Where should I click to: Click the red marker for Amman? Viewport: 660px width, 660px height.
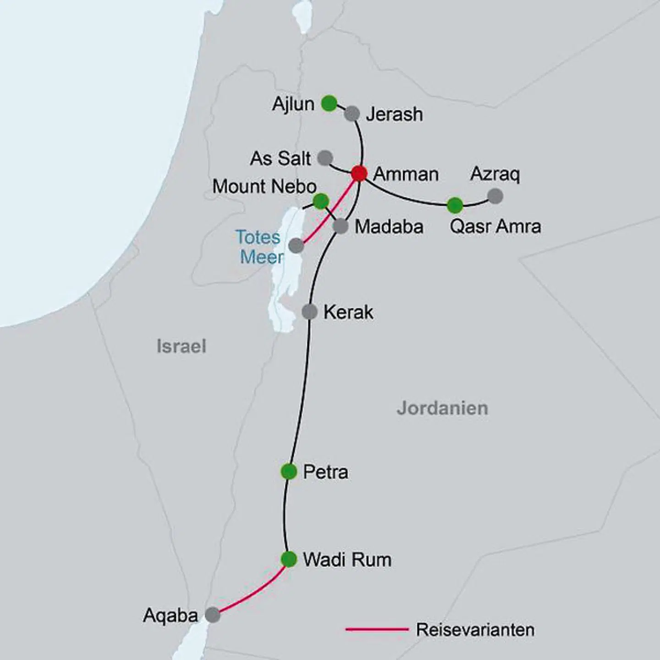[x=359, y=173]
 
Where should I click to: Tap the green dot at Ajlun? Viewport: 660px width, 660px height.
[x=329, y=103]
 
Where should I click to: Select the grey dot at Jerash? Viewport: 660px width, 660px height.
[x=352, y=113]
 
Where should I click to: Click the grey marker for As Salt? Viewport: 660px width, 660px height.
[x=325, y=158]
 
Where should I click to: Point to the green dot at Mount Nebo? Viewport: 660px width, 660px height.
[x=321, y=201]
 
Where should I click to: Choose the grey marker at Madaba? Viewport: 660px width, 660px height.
[x=341, y=226]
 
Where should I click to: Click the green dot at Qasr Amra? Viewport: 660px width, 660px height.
[x=455, y=205]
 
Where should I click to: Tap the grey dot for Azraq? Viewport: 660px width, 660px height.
[x=495, y=196]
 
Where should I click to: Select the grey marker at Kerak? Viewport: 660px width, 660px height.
[x=310, y=312]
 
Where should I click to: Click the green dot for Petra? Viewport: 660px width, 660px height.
[x=289, y=471]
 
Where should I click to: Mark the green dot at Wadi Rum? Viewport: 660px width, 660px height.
[x=289, y=559]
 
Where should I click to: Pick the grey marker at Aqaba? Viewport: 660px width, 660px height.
[x=212, y=615]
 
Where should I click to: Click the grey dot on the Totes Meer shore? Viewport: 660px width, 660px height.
[x=296, y=246]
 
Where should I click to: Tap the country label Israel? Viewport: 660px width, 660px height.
[x=181, y=346]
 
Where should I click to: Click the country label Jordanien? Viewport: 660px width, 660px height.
[x=442, y=408]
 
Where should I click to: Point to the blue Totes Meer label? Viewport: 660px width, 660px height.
[x=259, y=247]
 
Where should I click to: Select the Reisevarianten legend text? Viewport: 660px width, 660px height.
[x=475, y=630]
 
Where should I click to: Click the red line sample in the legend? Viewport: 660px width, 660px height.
[x=377, y=630]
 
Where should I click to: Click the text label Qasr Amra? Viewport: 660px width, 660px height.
[x=495, y=226]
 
